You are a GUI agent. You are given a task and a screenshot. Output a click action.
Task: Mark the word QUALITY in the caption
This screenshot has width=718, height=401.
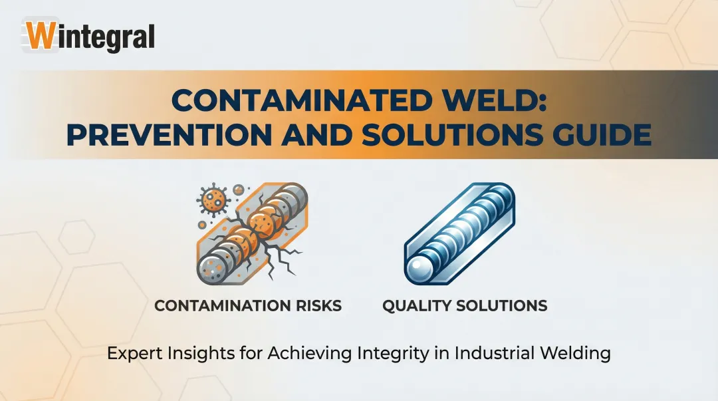point(418,307)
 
